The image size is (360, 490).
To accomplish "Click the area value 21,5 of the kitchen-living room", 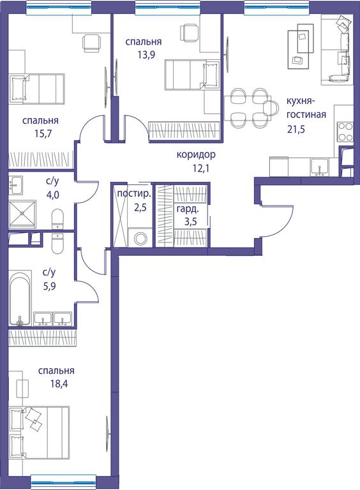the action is tap(296, 129).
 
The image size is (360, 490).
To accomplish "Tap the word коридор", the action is tap(196, 154).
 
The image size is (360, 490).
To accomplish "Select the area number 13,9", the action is tap(146, 55).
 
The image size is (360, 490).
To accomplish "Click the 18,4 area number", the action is tap(59, 383).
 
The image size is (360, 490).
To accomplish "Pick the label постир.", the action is tap(134, 194).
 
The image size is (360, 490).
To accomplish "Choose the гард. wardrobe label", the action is tap(188, 209).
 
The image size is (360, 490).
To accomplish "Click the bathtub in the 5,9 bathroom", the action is tap(20, 298).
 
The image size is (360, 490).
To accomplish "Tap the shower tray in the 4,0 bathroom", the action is tap(22, 214).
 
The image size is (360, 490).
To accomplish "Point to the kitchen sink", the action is tap(319, 167).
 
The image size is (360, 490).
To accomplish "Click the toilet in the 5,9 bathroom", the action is tap(57, 244).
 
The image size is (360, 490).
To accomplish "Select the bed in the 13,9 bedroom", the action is tap(192, 75).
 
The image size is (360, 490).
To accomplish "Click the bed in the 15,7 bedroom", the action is tap(37, 89).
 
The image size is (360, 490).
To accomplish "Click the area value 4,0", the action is tap(52, 195).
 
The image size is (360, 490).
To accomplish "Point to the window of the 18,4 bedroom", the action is tap(63, 479).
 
